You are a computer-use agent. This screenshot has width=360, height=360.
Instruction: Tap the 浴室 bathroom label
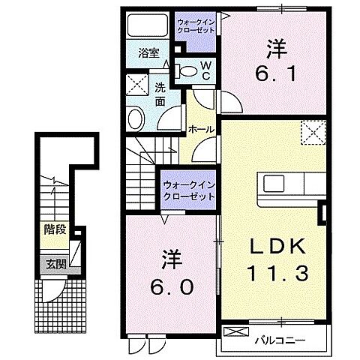pyautogui.click(x=148, y=53)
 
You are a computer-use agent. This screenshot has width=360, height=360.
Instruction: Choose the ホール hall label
pyautogui.click(x=202, y=130)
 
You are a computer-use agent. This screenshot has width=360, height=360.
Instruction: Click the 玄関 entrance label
pyautogui.click(x=52, y=263)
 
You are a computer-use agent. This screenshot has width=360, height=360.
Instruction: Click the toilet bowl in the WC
pyautogui.click(x=190, y=72)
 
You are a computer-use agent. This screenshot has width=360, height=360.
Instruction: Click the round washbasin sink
pyautogui.click(x=136, y=118)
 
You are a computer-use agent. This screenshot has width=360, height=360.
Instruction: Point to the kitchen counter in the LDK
pyautogui.click(x=289, y=184)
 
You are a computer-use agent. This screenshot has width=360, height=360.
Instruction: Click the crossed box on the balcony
pyautogui.click(x=235, y=331)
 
